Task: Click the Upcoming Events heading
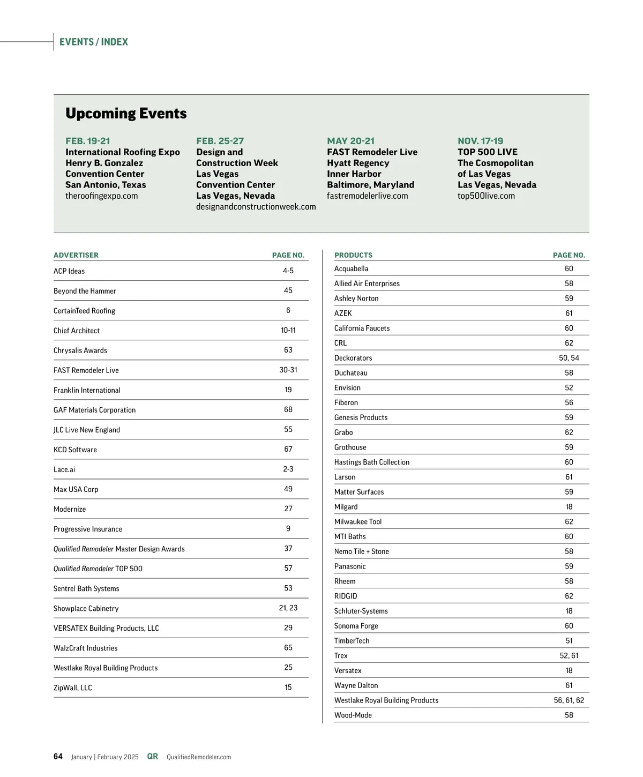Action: [126, 114]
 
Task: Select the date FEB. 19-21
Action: [88, 141]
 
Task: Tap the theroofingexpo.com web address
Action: [102, 196]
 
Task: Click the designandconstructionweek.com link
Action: [256, 207]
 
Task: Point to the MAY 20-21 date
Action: [351, 141]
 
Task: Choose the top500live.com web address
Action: [486, 196]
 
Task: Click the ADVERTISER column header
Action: [76, 255]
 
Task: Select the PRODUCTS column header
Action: [353, 255]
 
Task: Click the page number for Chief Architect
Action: [288, 330]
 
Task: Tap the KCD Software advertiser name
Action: [75, 450]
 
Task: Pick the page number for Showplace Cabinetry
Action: [288, 608]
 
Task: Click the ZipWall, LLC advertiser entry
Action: [73, 688]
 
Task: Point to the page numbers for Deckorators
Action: [569, 358]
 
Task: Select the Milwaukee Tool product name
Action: [358, 521]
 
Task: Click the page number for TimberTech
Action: [569, 640]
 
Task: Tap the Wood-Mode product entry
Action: [353, 715]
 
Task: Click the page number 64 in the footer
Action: [58, 757]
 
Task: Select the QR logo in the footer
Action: [153, 757]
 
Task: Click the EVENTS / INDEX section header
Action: [94, 42]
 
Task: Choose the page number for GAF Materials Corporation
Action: [288, 409]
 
